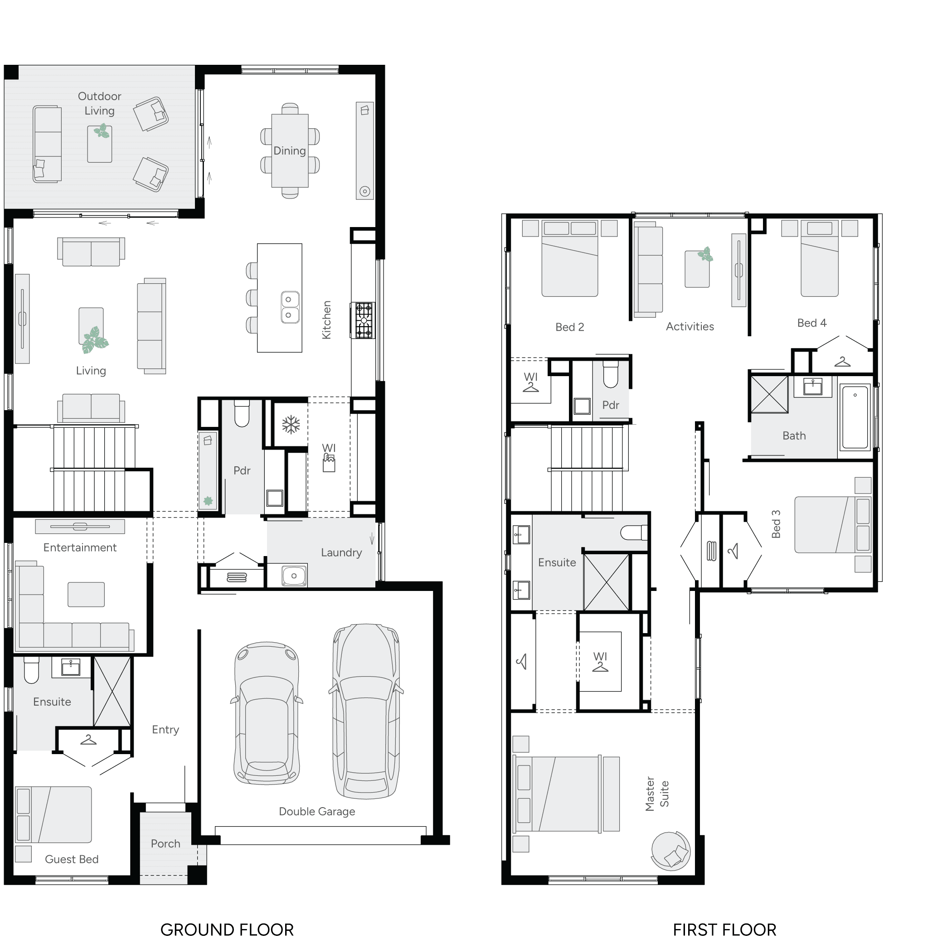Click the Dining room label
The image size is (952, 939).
click(290, 151)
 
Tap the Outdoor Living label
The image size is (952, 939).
click(100, 103)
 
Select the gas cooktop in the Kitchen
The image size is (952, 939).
click(364, 321)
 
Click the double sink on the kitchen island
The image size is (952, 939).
click(290, 307)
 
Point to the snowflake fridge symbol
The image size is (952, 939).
click(291, 425)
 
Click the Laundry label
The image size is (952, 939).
click(341, 553)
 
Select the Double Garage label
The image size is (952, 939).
click(317, 811)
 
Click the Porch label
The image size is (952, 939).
click(165, 843)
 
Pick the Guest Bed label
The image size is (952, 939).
click(72, 859)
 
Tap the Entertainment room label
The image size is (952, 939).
click(80, 547)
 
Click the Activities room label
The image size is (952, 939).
click(690, 327)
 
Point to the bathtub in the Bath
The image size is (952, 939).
click(855, 417)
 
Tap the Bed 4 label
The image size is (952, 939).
click(811, 323)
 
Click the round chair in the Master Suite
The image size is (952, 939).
click(670, 851)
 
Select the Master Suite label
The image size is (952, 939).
click(657, 794)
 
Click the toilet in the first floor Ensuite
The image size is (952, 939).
click(634, 532)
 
